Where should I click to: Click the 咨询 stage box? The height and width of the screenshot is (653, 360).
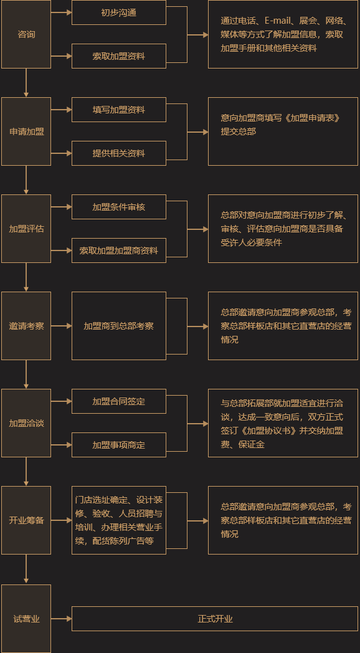[26, 34]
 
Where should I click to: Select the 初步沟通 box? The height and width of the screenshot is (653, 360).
[119, 12]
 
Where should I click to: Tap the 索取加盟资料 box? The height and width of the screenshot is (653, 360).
[119, 56]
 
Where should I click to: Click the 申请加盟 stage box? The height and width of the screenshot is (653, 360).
[26, 131]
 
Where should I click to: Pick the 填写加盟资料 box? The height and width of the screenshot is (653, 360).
[119, 110]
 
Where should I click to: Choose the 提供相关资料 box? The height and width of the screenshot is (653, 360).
[119, 153]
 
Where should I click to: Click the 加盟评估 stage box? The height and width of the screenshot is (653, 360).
[26, 229]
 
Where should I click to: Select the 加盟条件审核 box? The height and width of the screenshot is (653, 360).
[119, 207]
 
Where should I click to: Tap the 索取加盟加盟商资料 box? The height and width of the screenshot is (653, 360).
[119, 250]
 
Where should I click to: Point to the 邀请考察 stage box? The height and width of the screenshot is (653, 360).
[26, 326]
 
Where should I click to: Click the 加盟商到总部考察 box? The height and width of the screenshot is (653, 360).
[119, 326]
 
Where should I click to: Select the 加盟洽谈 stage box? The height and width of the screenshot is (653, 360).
[26, 423]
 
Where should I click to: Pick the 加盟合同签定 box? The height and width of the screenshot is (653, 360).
[119, 401]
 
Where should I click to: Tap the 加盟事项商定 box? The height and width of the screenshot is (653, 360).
[119, 445]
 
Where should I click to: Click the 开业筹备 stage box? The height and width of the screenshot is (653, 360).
[26, 520]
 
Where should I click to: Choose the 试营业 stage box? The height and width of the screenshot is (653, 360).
[26, 619]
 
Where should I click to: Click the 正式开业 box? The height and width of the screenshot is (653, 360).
[215, 619]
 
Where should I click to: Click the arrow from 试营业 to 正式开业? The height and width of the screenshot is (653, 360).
[62, 619]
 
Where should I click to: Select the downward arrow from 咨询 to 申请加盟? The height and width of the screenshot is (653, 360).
[26, 83]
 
